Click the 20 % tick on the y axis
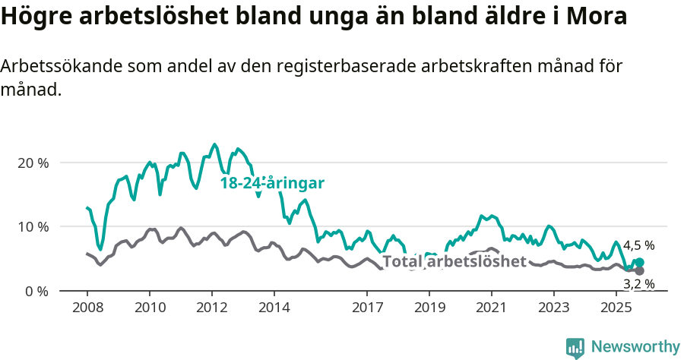32,163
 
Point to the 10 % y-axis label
32,227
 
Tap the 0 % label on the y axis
36,291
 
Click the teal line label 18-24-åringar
272,183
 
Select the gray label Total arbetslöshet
454,262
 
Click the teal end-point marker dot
639,263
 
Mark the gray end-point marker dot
639,271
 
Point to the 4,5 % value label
638,246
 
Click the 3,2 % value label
638,285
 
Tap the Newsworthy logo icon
575,347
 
